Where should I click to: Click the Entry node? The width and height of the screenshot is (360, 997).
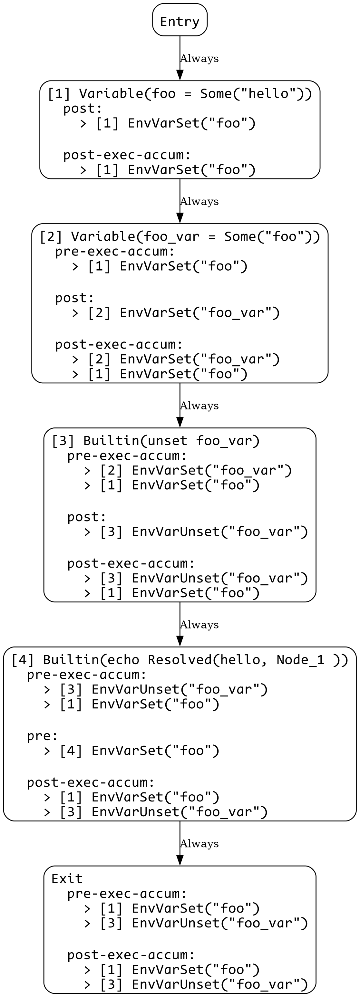[180, 20]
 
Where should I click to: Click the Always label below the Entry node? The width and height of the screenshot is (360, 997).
[199, 58]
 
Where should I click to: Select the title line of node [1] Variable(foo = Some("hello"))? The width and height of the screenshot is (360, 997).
[180, 94]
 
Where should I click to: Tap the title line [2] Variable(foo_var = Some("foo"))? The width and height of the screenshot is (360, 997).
[180, 236]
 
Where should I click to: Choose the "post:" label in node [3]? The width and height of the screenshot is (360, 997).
[87, 517]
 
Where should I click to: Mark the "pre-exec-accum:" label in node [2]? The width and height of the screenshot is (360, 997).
[115, 252]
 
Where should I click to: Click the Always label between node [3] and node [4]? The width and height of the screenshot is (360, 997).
[199, 625]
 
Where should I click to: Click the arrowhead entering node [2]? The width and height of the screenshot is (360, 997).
[180, 218]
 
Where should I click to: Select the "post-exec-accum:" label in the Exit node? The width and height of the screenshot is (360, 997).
[131, 955]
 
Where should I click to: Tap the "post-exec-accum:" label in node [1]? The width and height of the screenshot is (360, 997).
[127, 155]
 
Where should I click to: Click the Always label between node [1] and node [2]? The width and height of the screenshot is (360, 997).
[199, 201]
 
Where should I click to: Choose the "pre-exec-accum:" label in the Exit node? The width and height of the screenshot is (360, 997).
[127, 894]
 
